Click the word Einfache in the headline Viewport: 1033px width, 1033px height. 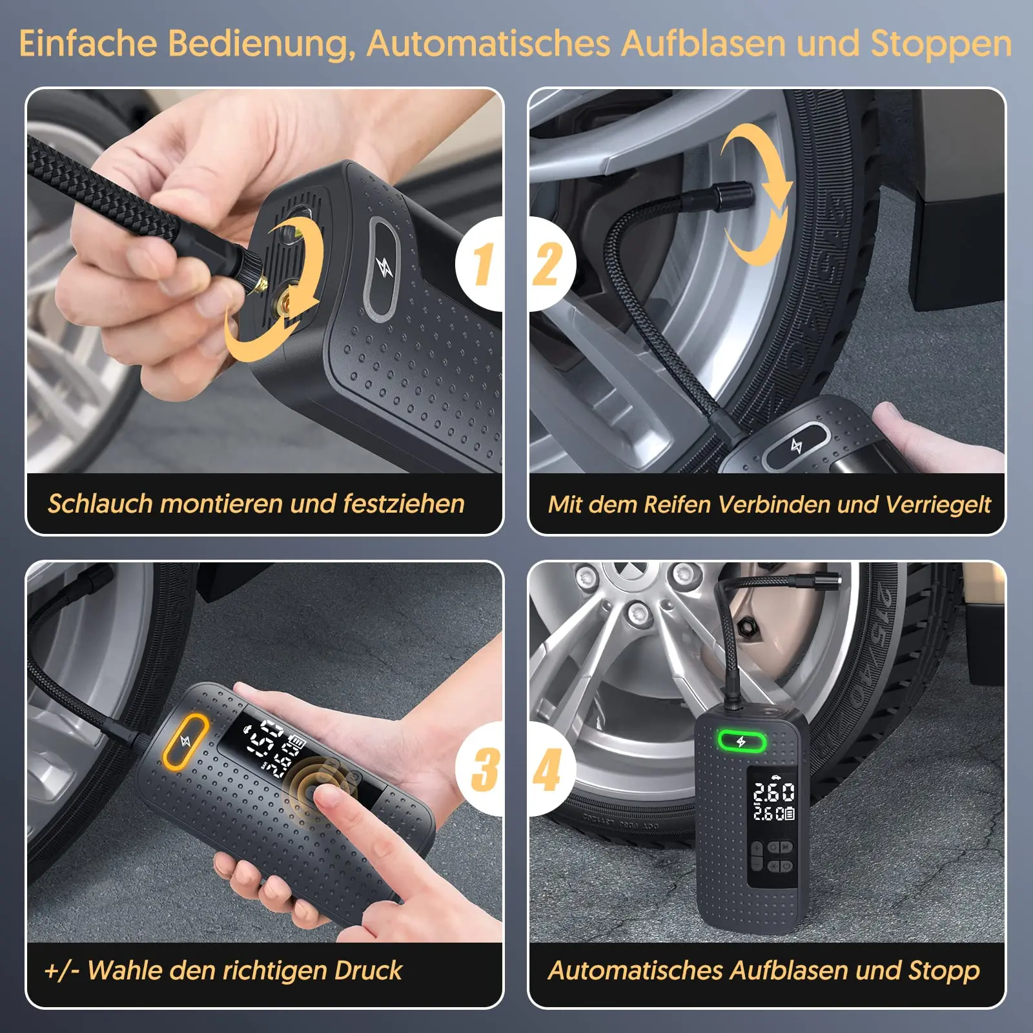[88, 43]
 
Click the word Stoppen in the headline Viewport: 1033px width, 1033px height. [941, 43]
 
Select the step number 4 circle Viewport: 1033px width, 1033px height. [549, 768]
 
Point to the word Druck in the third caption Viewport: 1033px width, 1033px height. [368, 970]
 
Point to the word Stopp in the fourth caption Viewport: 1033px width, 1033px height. [944, 970]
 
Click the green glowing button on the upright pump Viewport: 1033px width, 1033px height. [741, 741]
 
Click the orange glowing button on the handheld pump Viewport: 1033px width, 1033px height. [185, 741]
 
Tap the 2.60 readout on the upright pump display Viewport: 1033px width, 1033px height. [773, 792]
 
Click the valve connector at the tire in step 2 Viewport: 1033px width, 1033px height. [730, 194]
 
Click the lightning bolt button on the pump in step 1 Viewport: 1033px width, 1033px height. [384, 267]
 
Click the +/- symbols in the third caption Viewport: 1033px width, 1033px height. [61, 970]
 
